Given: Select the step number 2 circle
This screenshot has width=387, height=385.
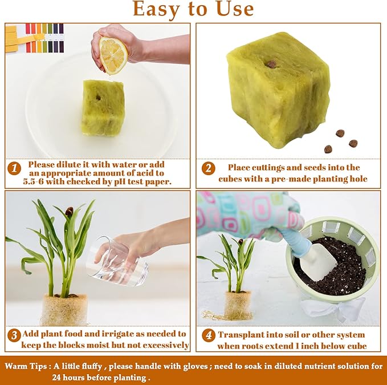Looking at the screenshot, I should pos(209,168).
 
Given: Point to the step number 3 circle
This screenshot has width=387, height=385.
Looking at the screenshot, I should pos(14,334).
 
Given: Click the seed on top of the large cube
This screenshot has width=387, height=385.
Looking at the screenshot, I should pos(272,64).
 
